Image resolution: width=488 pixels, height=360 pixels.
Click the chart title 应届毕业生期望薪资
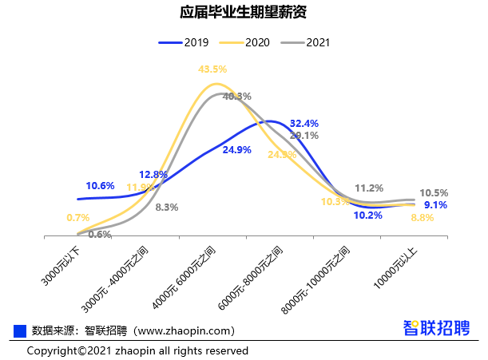(x=244, y=14)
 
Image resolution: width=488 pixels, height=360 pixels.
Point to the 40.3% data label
(x=236, y=97)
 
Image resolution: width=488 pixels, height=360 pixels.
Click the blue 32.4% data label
(x=304, y=124)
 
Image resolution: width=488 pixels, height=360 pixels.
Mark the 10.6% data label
(x=101, y=186)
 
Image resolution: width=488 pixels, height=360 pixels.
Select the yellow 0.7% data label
(x=78, y=217)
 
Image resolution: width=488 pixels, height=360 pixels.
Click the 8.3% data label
(x=166, y=207)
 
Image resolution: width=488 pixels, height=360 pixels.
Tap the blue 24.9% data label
(x=237, y=149)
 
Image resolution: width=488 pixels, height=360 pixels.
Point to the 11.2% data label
(x=368, y=188)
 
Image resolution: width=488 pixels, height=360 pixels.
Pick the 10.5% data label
(x=434, y=192)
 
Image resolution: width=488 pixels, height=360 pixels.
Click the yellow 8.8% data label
(x=423, y=217)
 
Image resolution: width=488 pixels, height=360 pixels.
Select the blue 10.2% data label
(x=367, y=215)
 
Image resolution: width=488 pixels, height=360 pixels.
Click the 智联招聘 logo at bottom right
(x=436, y=328)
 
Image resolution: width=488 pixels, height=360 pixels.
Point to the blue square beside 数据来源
(x=21, y=330)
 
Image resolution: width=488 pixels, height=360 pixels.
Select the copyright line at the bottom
(x=137, y=350)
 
